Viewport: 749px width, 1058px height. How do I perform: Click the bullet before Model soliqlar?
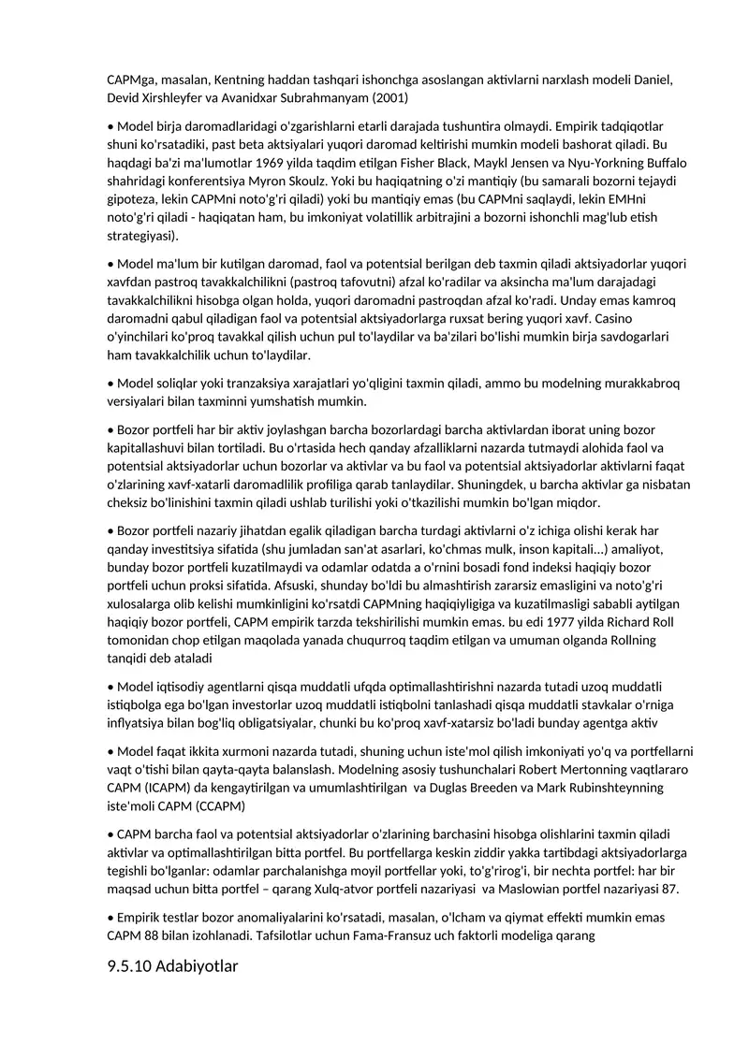(110, 384)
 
